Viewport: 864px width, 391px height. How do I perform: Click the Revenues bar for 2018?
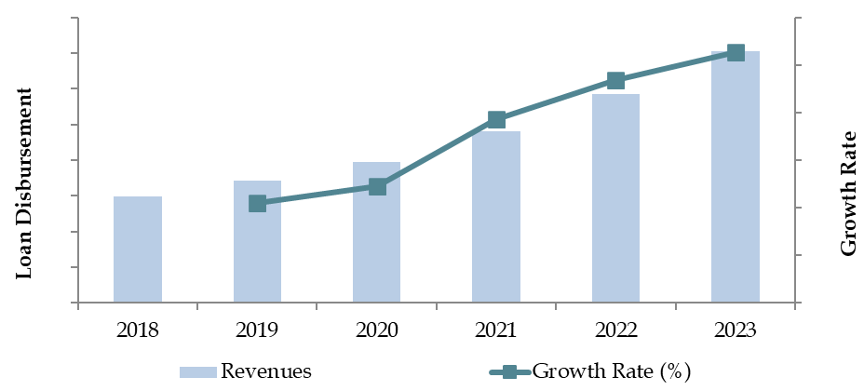tap(138, 249)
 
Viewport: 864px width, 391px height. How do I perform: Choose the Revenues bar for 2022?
tap(615, 198)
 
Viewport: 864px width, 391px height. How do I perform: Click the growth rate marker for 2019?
tap(258, 203)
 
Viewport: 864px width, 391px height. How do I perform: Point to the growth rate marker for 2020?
tap(377, 186)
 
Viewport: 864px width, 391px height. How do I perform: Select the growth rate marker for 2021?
tap(496, 119)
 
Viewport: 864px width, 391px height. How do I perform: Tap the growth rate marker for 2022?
tap(615, 80)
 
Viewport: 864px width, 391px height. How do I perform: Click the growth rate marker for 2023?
tap(735, 52)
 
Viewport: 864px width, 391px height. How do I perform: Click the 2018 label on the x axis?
tap(138, 330)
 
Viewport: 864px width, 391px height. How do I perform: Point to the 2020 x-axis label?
tap(376, 330)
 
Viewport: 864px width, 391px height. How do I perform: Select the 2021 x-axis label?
tap(496, 330)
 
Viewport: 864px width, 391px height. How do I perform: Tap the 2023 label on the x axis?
tap(735, 330)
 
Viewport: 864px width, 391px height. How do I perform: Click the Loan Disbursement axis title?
tap(25, 183)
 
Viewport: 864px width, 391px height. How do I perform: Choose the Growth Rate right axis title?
tap(848, 193)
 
